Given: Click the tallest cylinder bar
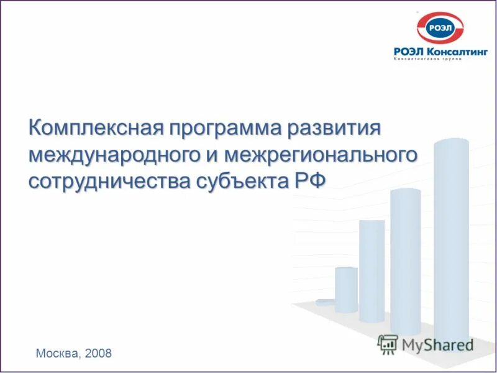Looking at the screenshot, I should [x=451, y=242].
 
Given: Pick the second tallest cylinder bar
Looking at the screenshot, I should [x=406, y=261].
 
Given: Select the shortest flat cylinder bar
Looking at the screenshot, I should [x=324, y=302].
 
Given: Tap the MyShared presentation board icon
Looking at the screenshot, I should [x=388, y=344].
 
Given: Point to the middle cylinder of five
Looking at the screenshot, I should [x=372, y=270].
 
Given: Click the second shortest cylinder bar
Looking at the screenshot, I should [x=346, y=289].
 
